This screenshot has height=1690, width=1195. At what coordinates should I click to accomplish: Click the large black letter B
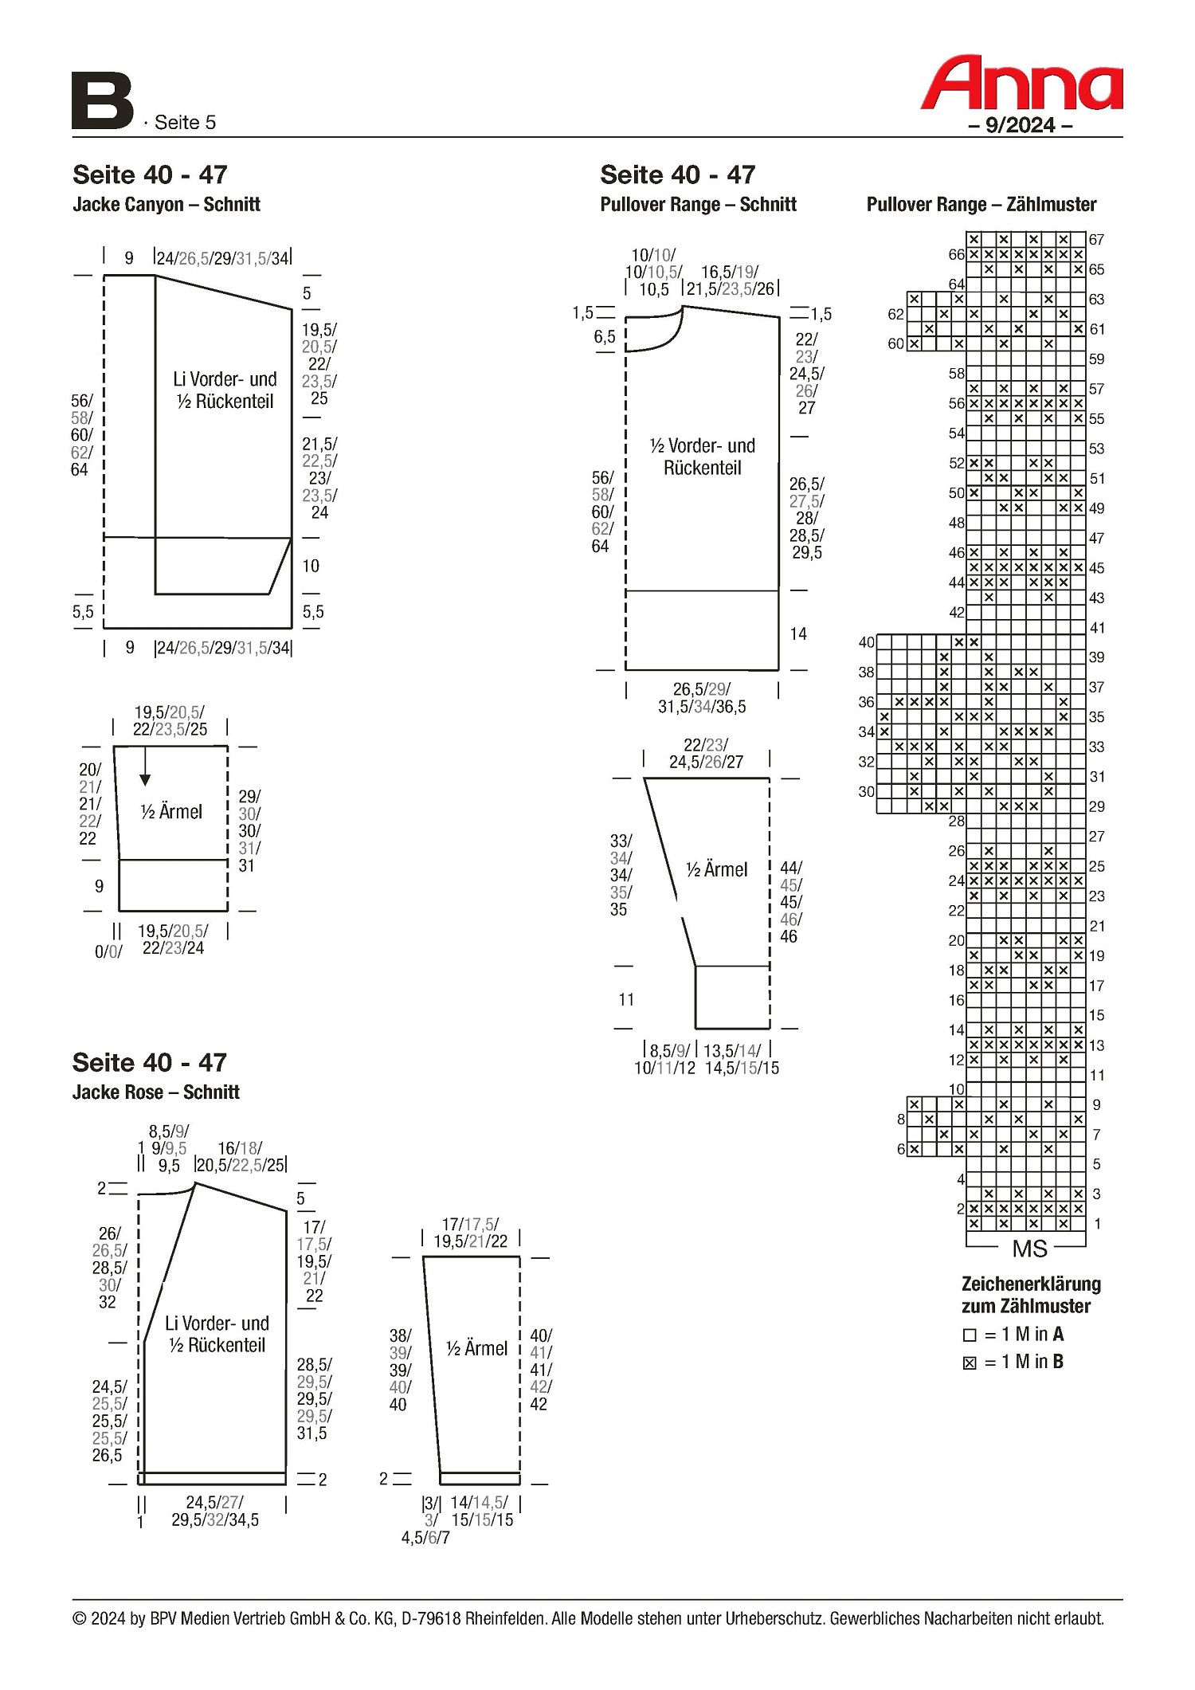click(x=103, y=101)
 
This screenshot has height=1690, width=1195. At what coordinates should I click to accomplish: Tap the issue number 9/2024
click(x=1020, y=125)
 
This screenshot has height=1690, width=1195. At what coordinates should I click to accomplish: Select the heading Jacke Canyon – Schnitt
click(x=167, y=205)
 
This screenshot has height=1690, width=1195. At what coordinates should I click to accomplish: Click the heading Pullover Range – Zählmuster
click(x=981, y=205)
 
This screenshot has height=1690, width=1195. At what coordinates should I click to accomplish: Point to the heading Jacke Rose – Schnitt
click(x=156, y=1092)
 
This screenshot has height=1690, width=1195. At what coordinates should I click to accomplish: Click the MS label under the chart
click(x=1029, y=1249)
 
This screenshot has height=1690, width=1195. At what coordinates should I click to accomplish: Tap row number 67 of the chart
click(x=1097, y=240)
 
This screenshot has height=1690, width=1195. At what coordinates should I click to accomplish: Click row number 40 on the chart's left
click(x=867, y=642)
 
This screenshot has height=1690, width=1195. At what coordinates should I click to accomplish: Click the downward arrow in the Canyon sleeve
click(x=145, y=767)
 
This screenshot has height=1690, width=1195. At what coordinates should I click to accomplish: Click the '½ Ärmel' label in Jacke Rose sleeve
click(x=476, y=1348)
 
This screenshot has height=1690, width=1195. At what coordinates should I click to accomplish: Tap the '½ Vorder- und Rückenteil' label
click(x=703, y=457)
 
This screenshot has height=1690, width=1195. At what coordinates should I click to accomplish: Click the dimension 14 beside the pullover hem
click(x=798, y=634)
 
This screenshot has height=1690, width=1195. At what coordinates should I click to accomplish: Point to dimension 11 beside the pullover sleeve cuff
click(x=627, y=999)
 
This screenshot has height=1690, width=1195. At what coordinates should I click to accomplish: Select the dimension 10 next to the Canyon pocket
click(x=311, y=566)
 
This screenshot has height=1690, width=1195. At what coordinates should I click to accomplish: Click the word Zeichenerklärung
click(x=1032, y=1284)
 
